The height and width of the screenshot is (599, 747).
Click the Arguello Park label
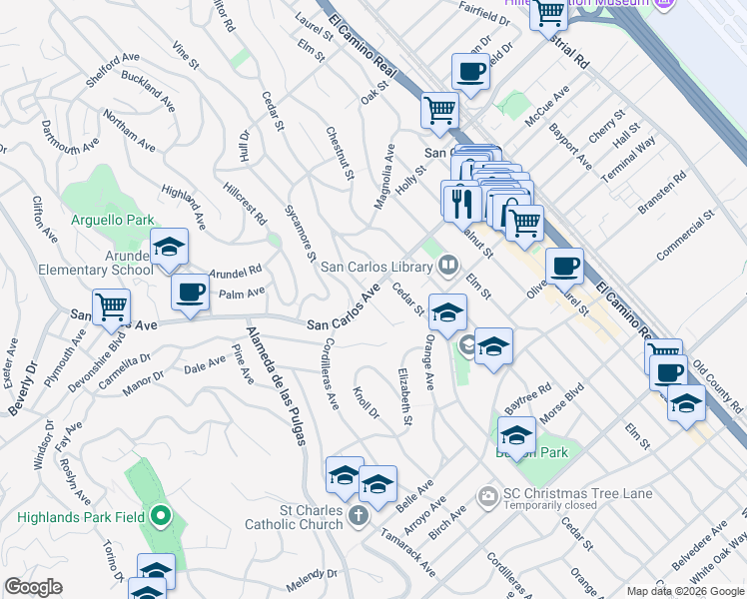pos(112,220)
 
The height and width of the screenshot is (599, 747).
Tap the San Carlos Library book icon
pos(448,265)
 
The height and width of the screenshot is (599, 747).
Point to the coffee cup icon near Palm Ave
pos(190,292)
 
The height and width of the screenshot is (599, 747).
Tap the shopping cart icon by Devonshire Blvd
pos(111,306)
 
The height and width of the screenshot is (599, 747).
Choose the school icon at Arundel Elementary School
pos(169,247)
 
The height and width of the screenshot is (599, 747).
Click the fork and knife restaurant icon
pos(460,202)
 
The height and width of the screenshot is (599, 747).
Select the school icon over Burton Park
pos(515,435)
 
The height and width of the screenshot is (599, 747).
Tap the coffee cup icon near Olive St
pos(564,266)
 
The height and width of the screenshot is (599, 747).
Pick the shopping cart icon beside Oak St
pos(438,110)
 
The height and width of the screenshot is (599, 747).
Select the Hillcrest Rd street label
pos(246,204)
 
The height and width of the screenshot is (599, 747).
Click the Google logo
pos(33,587)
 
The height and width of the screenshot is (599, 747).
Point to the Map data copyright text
pos(684,590)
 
